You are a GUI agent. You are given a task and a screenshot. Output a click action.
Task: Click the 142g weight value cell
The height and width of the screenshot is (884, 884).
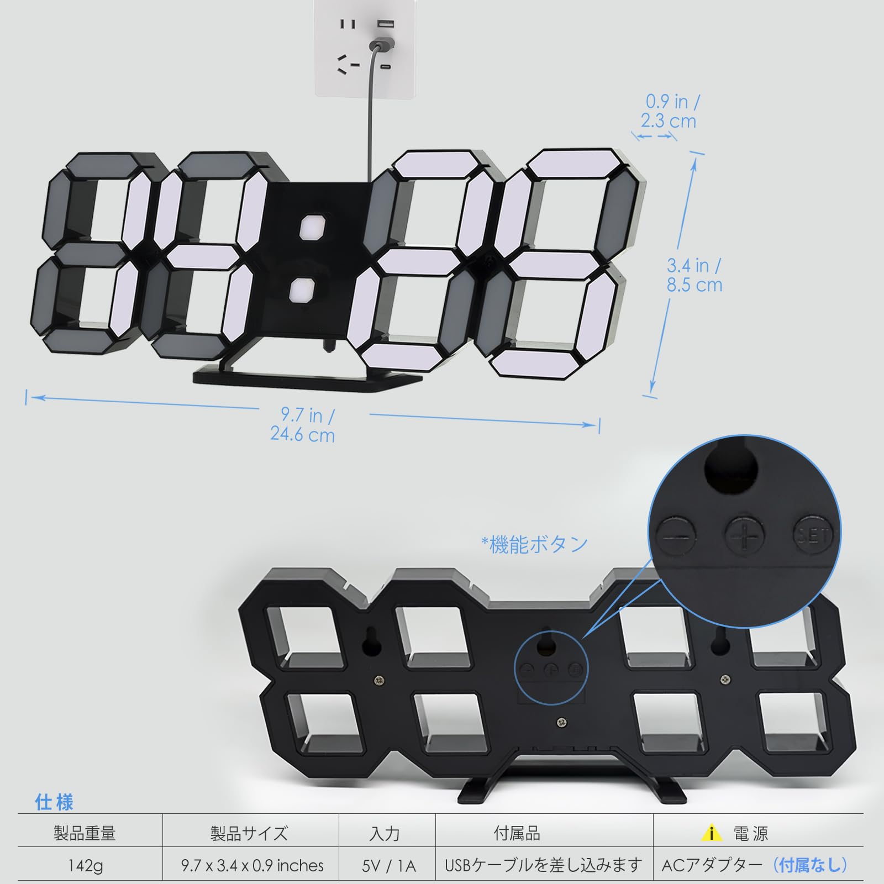pyautogui.click(x=85, y=865)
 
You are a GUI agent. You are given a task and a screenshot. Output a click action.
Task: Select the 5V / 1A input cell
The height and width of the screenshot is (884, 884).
pyautogui.click(x=389, y=865)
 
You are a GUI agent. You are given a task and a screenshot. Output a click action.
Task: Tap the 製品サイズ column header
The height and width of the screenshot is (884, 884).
pyautogui.click(x=249, y=833)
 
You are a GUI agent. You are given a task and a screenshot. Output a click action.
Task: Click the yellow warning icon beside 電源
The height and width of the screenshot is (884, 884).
pyautogui.click(x=712, y=832)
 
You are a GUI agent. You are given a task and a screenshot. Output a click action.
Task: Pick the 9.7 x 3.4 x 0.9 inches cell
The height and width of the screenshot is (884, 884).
pyautogui.click(x=252, y=865)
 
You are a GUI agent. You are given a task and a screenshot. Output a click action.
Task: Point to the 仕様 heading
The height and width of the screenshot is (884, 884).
pyautogui.click(x=54, y=802)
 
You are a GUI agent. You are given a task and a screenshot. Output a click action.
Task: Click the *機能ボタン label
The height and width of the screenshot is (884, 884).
pyautogui.click(x=534, y=544)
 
